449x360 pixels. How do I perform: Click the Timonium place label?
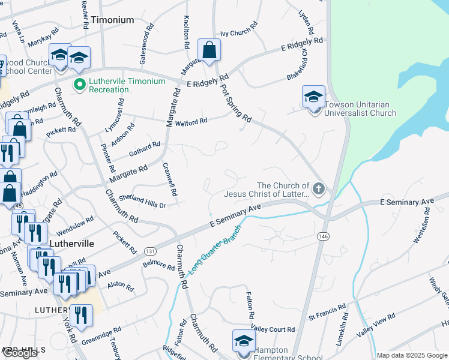[113, 20]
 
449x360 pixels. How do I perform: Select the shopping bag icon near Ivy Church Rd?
[209, 50]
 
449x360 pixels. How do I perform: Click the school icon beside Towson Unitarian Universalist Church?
[313, 97]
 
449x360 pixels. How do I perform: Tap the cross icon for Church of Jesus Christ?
[318, 190]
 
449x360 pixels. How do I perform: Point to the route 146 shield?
[323, 237]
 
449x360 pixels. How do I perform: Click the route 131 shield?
[151, 251]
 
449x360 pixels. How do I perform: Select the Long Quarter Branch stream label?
[214, 250]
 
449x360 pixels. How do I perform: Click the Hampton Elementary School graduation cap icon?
[244, 341]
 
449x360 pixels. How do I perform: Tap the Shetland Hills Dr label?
[142, 201]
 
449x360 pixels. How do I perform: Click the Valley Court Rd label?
[273, 329]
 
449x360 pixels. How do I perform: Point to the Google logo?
[20, 353]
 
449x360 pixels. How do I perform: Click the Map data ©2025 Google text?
[412, 355]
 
